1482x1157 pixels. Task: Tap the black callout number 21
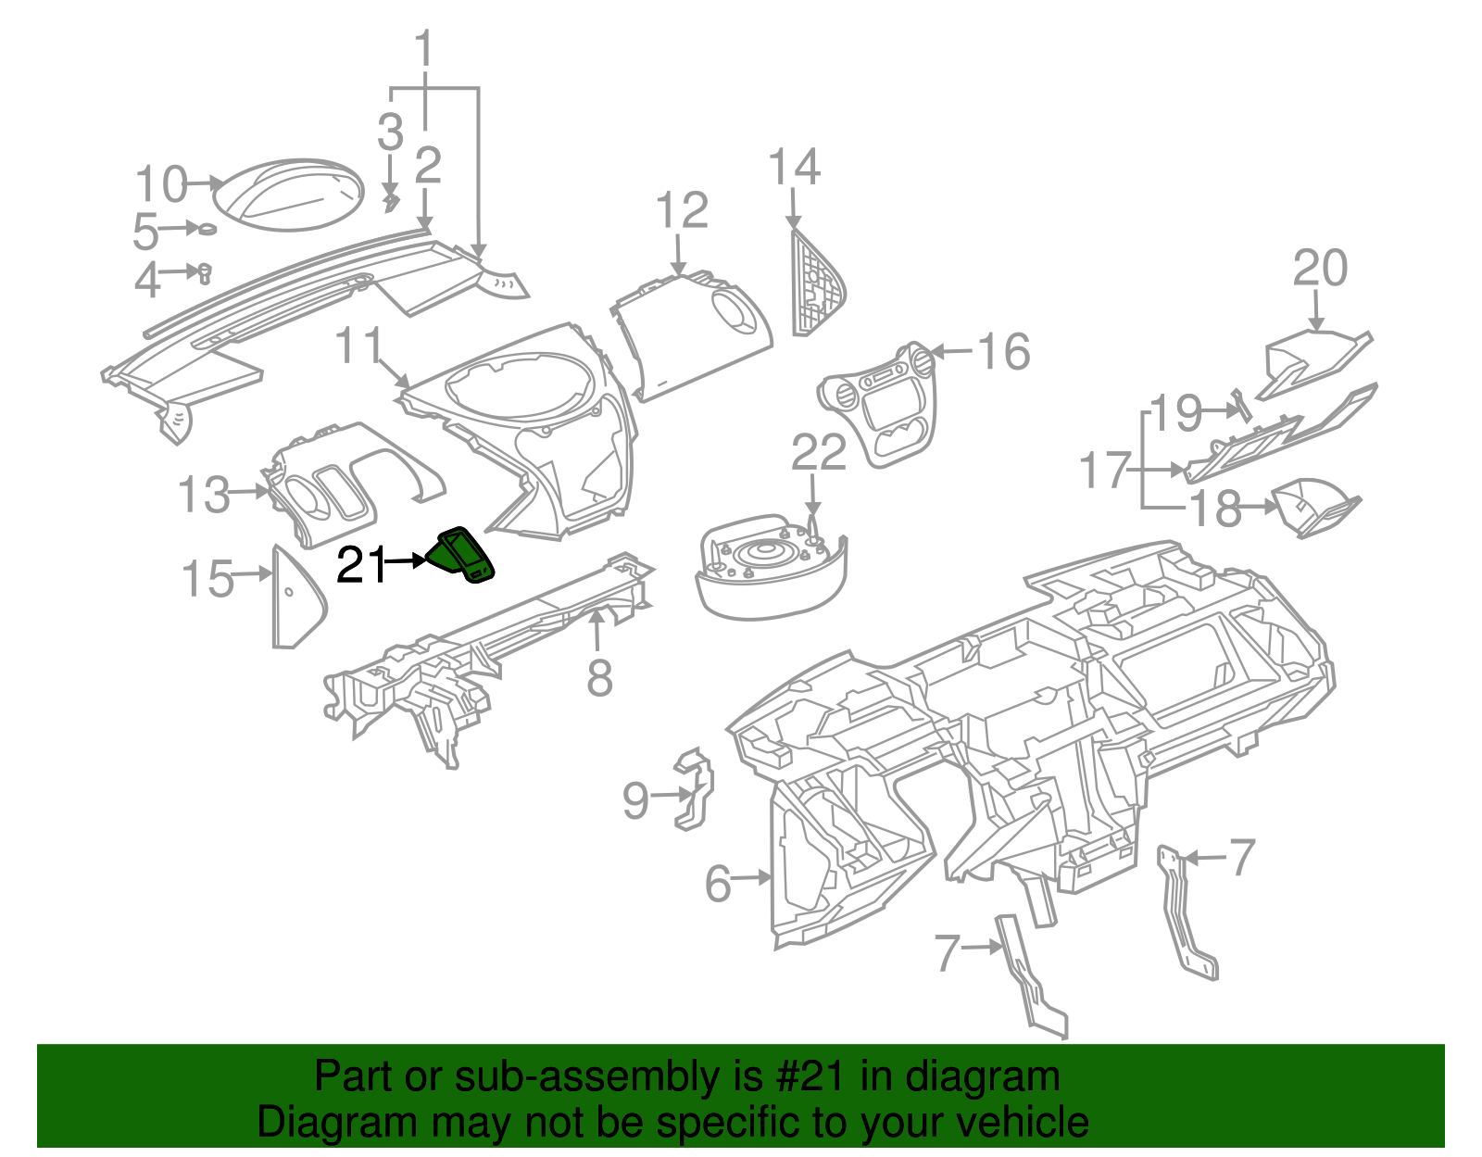coord(360,564)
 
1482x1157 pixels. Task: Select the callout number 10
coord(161,184)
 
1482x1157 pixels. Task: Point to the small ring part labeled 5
coord(208,229)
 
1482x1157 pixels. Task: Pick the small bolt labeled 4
coord(205,271)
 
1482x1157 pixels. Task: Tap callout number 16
coord(1003,352)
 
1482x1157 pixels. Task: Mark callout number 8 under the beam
coord(599,677)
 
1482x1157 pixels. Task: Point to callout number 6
coord(718,883)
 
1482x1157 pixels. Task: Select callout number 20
coord(1319,269)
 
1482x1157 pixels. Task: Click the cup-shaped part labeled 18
coord(1315,508)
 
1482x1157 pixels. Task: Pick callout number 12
coord(682,211)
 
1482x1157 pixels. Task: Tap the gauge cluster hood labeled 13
coord(343,482)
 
